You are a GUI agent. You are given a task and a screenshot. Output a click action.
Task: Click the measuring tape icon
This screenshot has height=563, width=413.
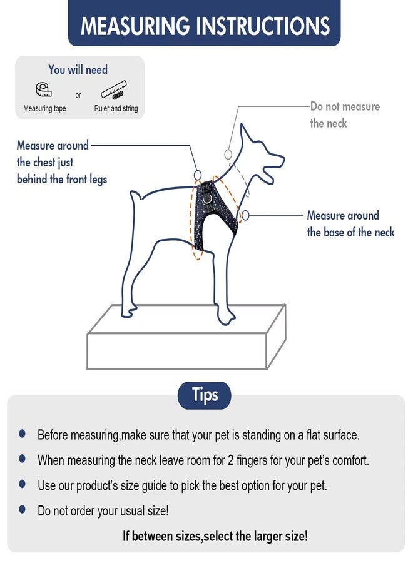pyautogui.click(x=44, y=89)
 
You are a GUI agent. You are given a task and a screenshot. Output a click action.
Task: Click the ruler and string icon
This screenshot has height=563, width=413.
pyautogui.click(x=113, y=89)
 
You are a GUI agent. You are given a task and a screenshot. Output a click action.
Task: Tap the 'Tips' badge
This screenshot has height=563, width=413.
pyautogui.click(x=205, y=395)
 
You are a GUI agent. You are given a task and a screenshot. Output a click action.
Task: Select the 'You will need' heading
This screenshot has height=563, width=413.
pyautogui.click(x=78, y=69)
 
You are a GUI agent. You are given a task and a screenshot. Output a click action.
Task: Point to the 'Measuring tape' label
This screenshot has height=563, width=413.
pyautogui.click(x=44, y=108)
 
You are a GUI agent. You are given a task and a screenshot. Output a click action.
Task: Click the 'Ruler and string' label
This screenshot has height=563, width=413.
pyautogui.click(x=116, y=108)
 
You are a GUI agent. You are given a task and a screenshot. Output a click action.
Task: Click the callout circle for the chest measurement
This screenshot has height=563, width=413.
pyautogui.click(x=198, y=175)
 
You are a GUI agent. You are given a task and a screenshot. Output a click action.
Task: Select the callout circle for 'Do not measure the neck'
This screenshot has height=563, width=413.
pyautogui.click(x=228, y=154)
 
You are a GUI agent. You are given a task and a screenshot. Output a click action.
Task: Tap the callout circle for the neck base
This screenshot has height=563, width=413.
pyautogui.click(x=245, y=215)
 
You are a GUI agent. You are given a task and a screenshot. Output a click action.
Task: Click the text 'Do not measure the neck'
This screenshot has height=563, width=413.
pyautogui.click(x=345, y=114)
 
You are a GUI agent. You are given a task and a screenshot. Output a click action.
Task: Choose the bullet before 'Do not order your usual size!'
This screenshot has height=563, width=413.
pyautogui.click(x=23, y=509)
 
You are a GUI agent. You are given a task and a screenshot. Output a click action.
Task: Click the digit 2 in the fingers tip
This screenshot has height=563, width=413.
pyautogui.click(x=231, y=460)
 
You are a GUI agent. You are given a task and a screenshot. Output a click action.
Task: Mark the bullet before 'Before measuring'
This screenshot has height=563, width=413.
pyautogui.click(x=23, y=434)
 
